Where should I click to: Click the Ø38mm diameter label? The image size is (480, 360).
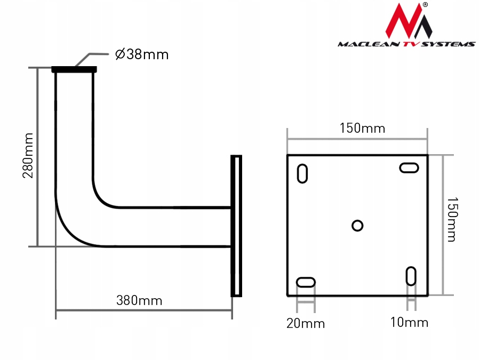[142, 54]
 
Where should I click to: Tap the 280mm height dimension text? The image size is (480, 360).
[28, 156]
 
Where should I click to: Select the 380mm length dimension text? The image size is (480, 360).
[139, 301]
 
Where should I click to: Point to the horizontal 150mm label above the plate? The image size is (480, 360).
[363, 128]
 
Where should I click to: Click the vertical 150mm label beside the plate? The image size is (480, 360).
[452, 220]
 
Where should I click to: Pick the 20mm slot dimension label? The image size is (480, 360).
[306, 324]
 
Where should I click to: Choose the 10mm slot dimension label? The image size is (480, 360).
[409, 322]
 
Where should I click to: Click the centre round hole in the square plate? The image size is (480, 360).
[357, 226]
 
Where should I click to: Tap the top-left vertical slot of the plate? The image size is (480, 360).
[302, 173]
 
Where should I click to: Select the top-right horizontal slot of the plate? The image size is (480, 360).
[409, 168]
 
